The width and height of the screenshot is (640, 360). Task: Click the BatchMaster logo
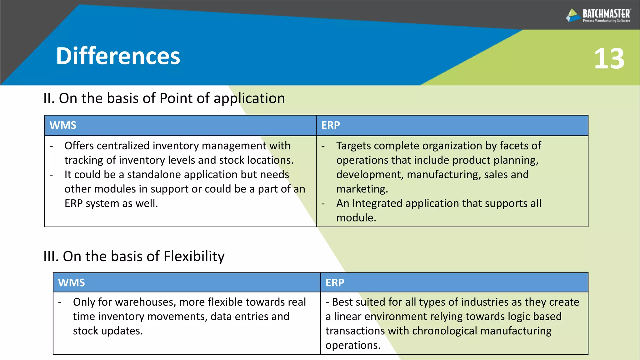coord(598,15)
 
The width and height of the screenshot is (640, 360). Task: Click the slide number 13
coord(609,59)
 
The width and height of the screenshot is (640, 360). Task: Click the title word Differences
coord(118,56)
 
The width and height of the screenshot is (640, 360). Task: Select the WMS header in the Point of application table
coord(63,125)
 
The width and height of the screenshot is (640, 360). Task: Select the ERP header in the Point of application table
coord(330,125)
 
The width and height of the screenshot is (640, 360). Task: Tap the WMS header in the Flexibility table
coord(71,283)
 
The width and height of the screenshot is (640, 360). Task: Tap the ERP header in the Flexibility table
coord(335,283)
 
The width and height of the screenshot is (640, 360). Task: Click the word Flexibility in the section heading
coord(194,257)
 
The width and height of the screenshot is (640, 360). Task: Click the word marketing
coord(362,189)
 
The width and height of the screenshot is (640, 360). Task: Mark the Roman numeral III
coord(51,257)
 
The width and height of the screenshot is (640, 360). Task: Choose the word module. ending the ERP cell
coord(356,218)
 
